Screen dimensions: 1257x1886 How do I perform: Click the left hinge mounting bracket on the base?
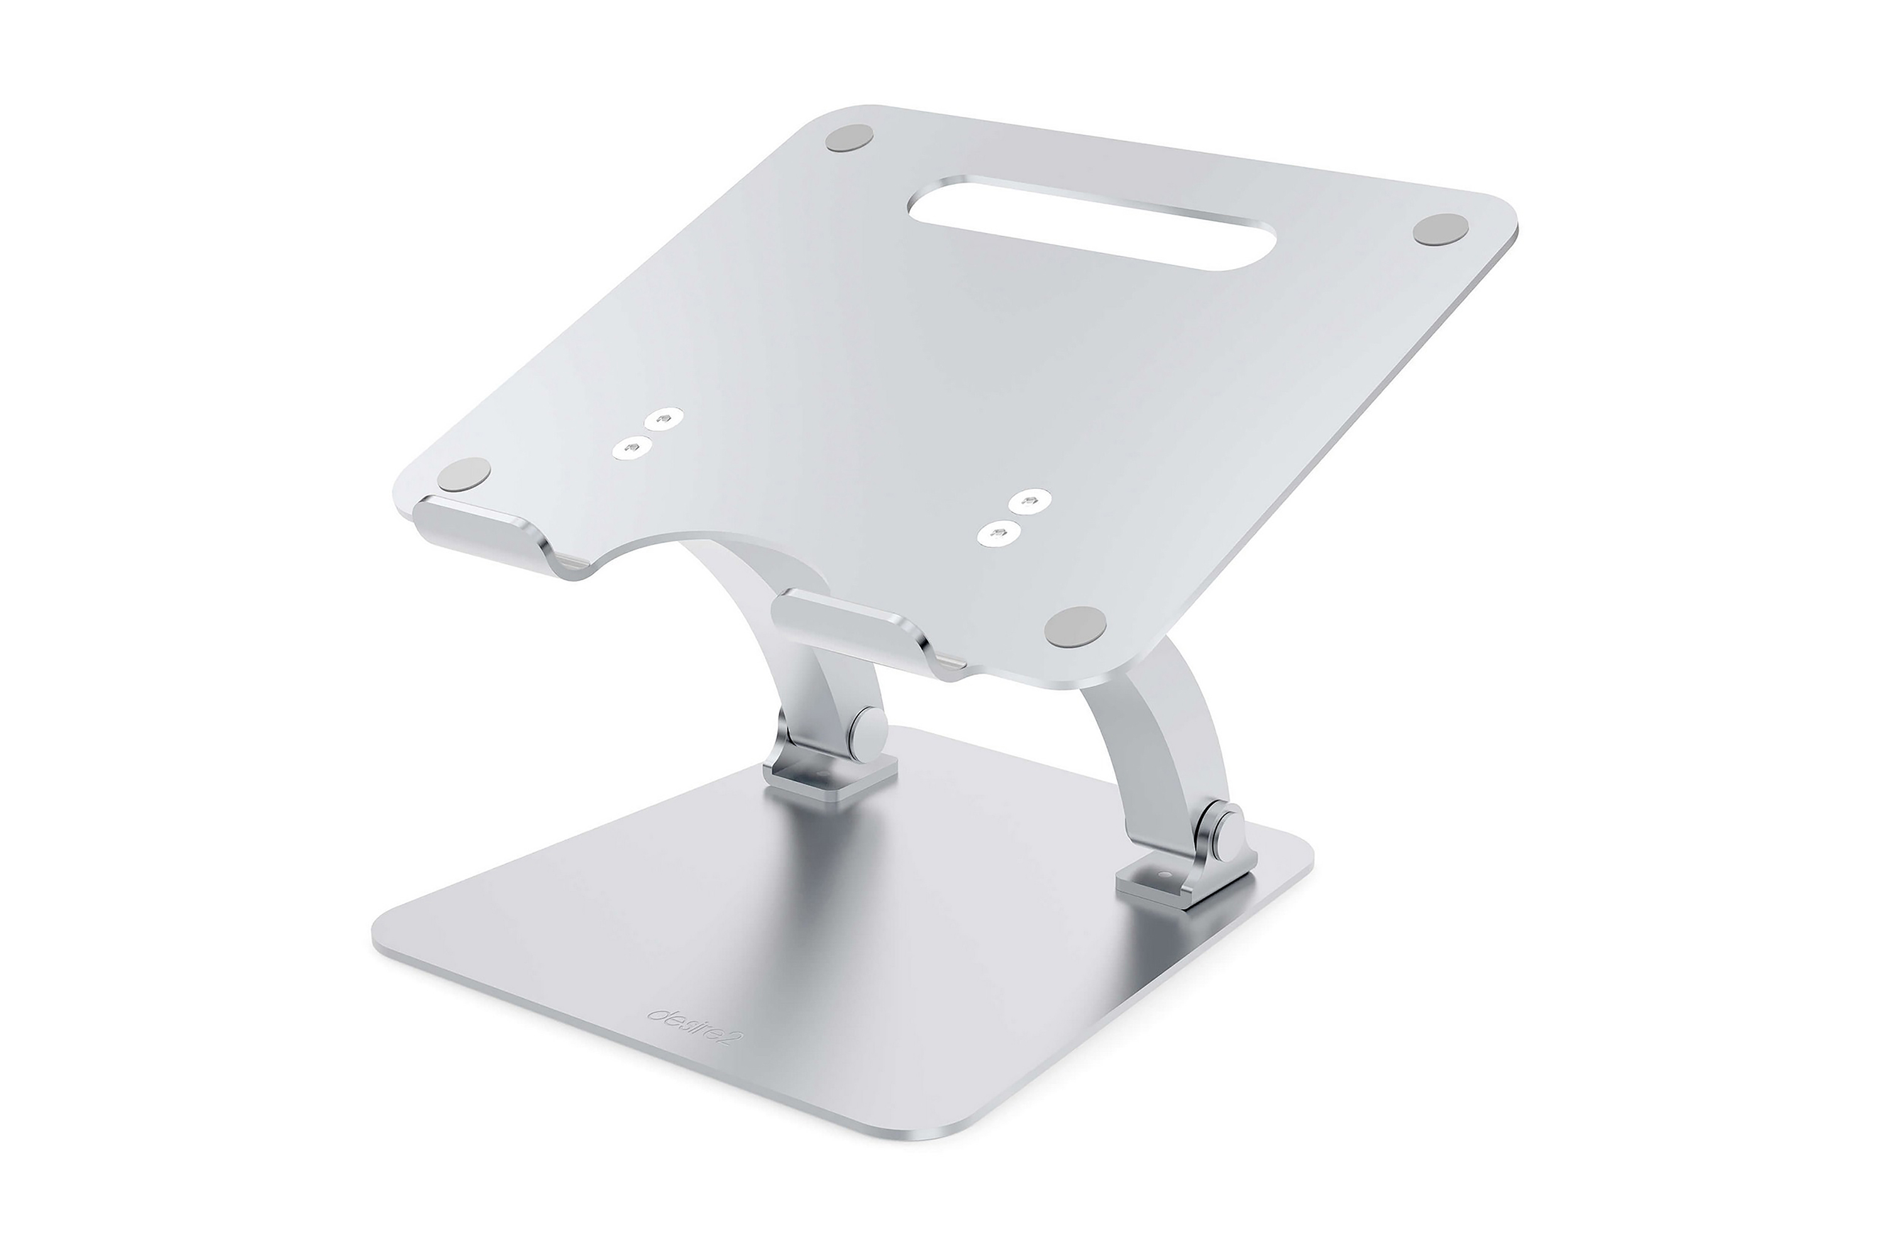(826, 779)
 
